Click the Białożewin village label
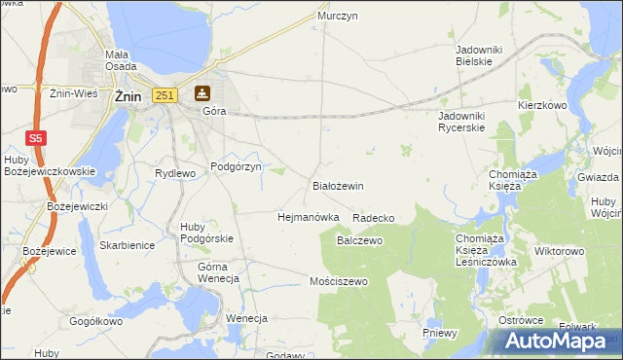tap(337, 185)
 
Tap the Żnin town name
tap(128, 96)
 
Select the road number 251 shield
tap(164, 94)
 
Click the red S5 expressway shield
tap(35, 139)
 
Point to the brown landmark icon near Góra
tap(202, 93)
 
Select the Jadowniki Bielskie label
tap(475, 54)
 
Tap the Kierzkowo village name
tap(542, 104)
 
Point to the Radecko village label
tap(373, 218)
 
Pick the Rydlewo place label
tap(176, 173)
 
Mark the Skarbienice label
tap(127, 245)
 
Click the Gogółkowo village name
tap(95, 321)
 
